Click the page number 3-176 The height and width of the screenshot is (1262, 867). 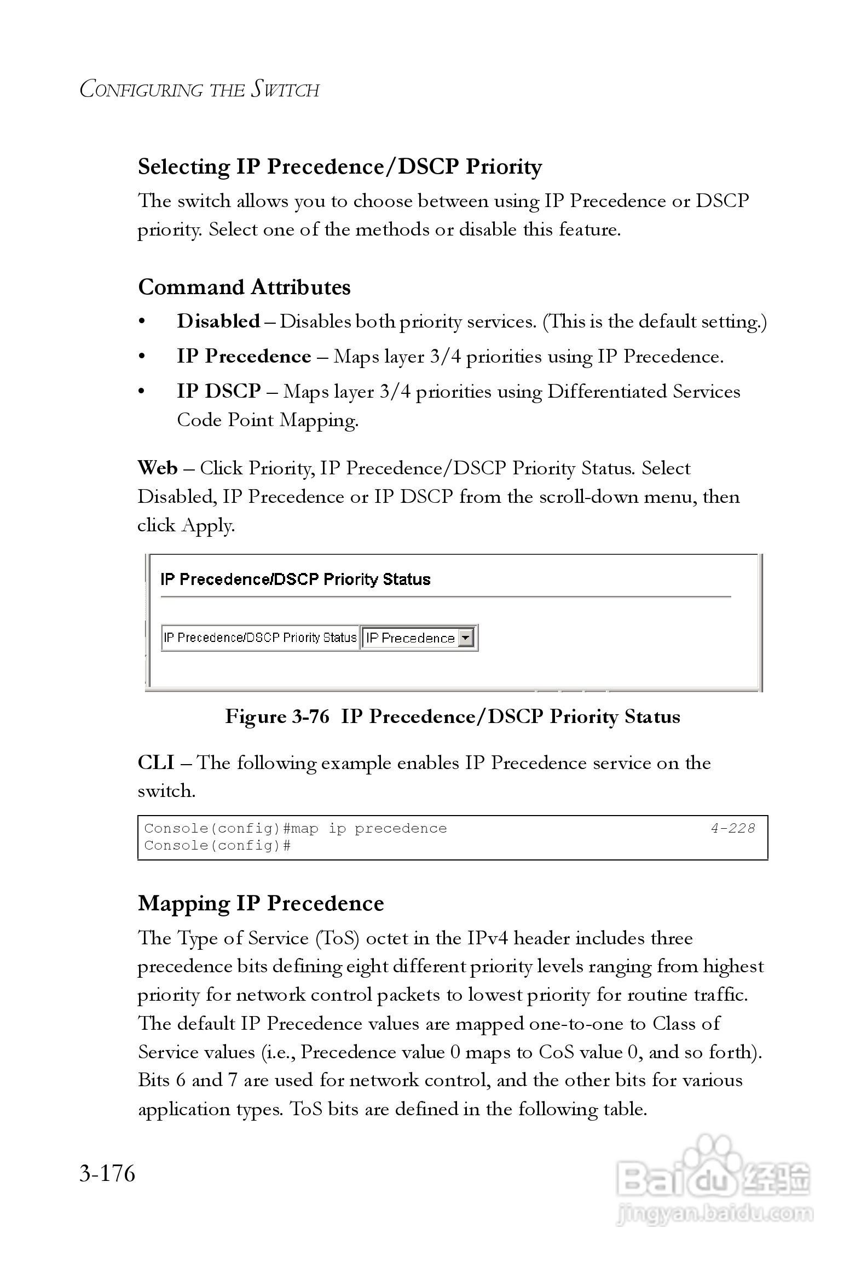click(x=107, y=1173)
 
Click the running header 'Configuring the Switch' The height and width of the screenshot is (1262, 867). click(x=200, y=89)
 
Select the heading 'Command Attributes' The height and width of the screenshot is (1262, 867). click(x=244, y=287)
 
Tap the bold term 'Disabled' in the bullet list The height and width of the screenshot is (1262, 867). click(x=218, y=321)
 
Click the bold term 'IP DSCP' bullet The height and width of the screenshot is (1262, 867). click(x=219, y=391)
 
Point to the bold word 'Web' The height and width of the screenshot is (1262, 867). click(x=158, y=468)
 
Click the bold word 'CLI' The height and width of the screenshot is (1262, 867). click(x=156, y=762)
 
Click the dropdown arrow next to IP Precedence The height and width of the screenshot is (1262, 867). click(x=465, y=638)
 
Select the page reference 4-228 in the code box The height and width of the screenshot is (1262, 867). click(x=732, y=828)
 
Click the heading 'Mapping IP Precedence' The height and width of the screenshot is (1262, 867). click(x=261, y=903)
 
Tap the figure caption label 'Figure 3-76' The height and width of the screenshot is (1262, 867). click(x=277, y=716)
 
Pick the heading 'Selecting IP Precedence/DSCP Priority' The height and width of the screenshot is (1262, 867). click(x=340, y=167)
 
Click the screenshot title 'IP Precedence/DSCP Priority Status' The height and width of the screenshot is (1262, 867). click(x=296, y=580)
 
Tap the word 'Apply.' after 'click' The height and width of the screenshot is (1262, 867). click(x=209, y=525)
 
